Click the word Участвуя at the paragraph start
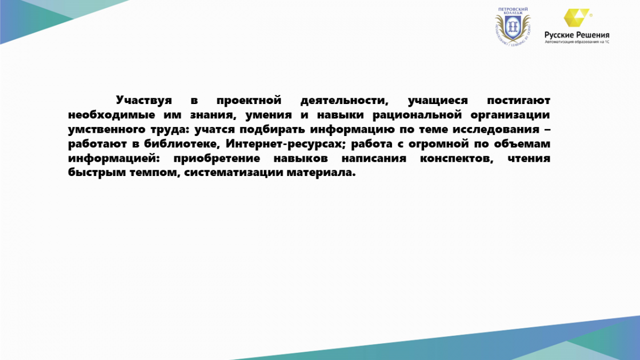click(x=143, y=101)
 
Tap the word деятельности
click(x=345, y=101)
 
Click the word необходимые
click(x=111, y=115)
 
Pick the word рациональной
click(x=417, y=115)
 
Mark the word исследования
click(x=495, y=130)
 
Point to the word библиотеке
click(x=182, y=144)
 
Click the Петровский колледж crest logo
click(x=513, y=26)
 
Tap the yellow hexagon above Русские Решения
click(x=576, y=18)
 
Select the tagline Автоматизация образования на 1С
click(x=577, y=42)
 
